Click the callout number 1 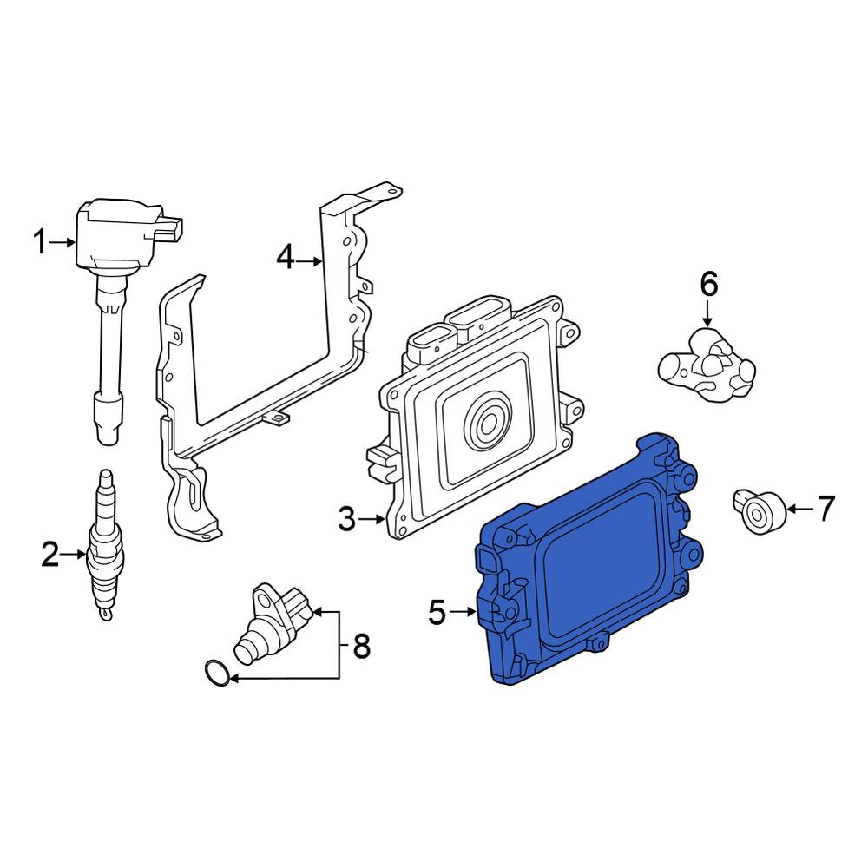tap(41, 242)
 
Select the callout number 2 tap(50, 554)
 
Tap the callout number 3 tap(347, 519)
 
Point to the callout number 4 tap(286, 258)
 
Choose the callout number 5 tap(437, 612)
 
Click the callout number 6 tap(709, 284)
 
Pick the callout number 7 tap(825, 508)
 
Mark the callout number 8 tap(361, 646)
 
